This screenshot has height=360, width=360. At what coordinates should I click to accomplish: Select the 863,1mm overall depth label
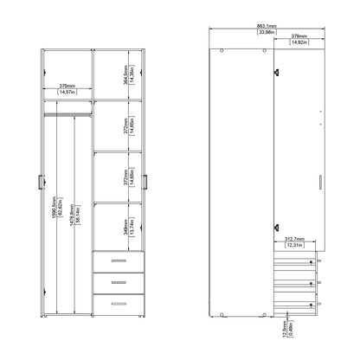[x=267, y=27]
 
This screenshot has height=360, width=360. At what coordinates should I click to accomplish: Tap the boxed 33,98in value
[x=267, y=35]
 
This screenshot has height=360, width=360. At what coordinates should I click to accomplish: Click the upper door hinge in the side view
[x=276, y=73]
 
